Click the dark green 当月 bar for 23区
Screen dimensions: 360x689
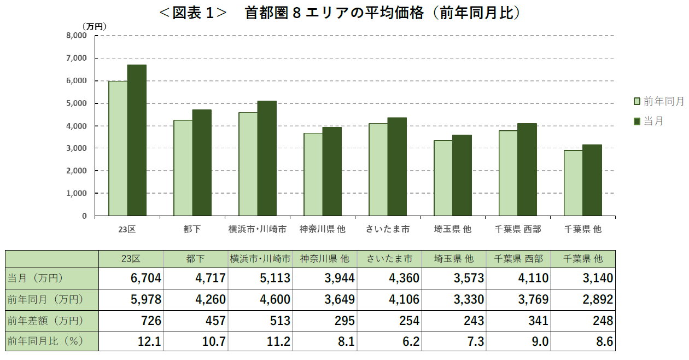click(137, 140)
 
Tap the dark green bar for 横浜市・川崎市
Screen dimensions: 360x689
click(267, 158)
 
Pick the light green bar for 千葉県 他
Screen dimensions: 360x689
click(573, 183)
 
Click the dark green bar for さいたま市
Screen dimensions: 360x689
click(397, 166)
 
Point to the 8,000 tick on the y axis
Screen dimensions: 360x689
click(77, 36)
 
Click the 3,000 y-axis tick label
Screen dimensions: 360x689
click(77, 148)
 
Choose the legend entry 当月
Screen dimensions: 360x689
click(653, 121)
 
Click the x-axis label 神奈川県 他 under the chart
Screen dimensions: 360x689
click(323, 229)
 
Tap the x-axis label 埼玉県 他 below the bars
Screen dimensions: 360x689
click(453, 229)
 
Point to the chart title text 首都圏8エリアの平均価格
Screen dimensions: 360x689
click(334, 13)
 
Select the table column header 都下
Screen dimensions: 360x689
click(195, 259)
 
